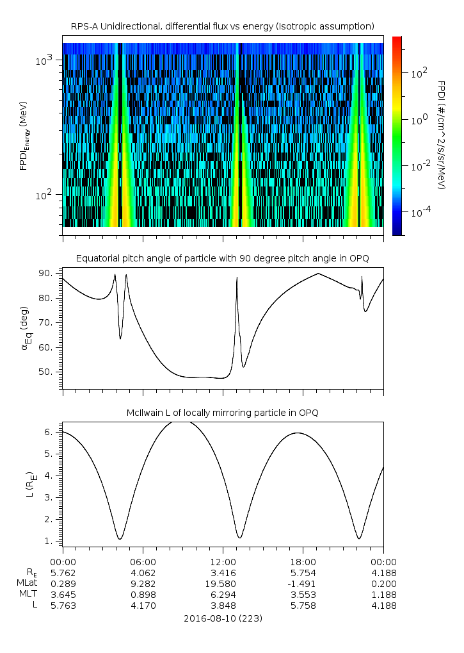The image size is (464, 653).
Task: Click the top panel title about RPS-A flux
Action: tap(222, 26)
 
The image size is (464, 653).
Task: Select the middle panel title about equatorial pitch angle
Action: tap(222, 258)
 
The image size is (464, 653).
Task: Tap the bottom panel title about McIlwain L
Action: tap(222, 412)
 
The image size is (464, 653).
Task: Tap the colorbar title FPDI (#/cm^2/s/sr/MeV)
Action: tap(442, 135)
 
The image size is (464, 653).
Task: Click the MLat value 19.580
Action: tap(223, 583)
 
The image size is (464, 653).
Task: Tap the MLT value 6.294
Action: tap(223, 595)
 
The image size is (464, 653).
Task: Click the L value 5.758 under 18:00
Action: tap(303, 606)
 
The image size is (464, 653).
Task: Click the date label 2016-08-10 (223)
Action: tap(223, 618)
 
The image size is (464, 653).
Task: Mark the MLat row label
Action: tap(28, 583)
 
